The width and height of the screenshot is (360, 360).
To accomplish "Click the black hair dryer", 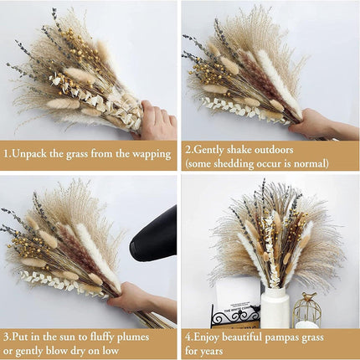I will tap(155, 235).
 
